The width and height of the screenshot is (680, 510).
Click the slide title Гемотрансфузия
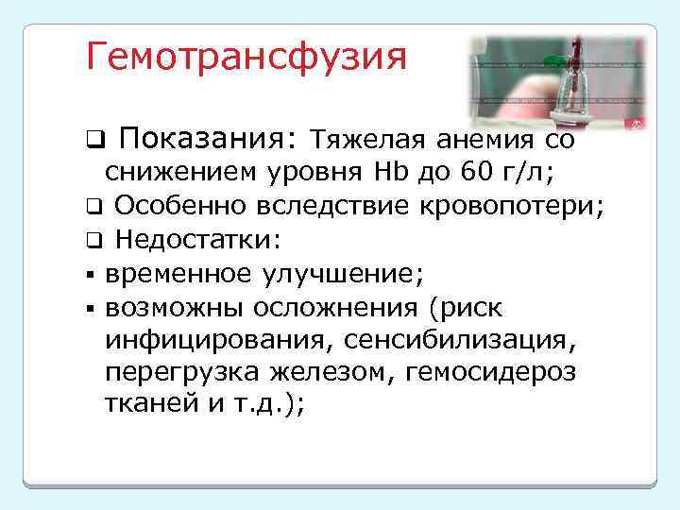[246, 57]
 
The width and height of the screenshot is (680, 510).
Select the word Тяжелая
[367, 141]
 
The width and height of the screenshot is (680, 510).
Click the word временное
[178, 274]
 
